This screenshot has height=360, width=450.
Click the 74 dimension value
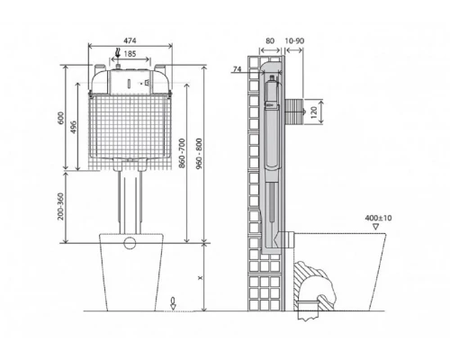click(x=238, y=70)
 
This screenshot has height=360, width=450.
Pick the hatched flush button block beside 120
click(x=294, y=113)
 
